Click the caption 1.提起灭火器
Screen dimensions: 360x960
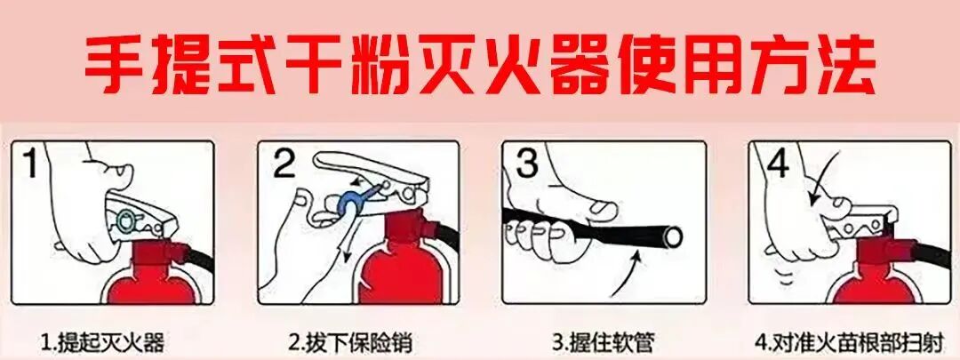(102, 341)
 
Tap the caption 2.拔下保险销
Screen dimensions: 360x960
(350, 341)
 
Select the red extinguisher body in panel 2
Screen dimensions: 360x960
(396, 271)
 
